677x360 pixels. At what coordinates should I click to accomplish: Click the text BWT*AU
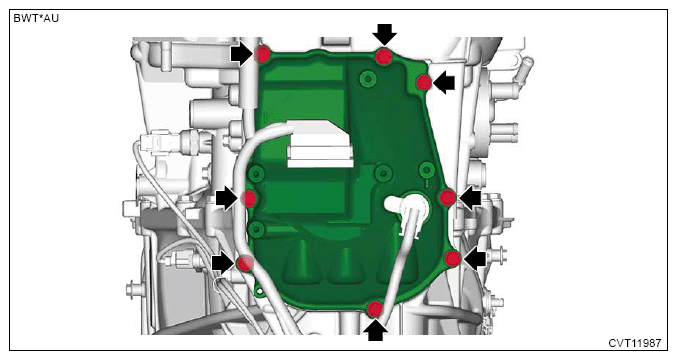point(36,19)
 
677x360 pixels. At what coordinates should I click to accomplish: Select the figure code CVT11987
point(634,343)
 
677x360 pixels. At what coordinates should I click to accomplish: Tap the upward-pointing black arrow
point(375,330)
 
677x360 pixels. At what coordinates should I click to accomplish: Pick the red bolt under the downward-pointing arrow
point(384,56)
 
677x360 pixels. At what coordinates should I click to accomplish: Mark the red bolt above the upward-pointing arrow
point(375,309)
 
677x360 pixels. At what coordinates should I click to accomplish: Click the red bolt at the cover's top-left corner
point(262,54)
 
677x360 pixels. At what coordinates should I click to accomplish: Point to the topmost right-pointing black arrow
point(241,54)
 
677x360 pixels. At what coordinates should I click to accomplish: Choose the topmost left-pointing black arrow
point(444,83)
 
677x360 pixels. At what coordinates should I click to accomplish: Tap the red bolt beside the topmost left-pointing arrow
point(423,82)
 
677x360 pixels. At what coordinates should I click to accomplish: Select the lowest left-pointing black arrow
point(474,259)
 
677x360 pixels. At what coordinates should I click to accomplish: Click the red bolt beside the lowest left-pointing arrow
point(453,259)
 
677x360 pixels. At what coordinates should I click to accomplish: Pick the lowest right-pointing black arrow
point(223,263)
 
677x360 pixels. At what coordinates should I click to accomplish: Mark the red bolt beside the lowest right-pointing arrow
point(245,263)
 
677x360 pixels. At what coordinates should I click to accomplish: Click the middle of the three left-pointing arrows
point(470,198)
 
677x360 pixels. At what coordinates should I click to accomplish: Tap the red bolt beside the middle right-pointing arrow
point(249,199)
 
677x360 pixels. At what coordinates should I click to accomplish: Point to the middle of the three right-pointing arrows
point(227,199)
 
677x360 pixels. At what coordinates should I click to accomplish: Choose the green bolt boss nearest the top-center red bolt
point(368,79)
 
